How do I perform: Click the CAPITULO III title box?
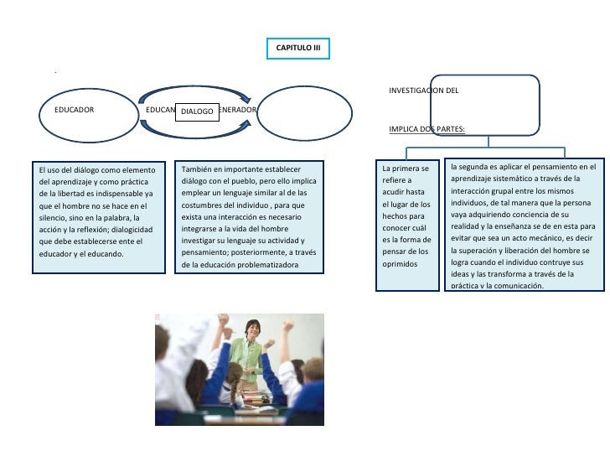(x=299, y=49)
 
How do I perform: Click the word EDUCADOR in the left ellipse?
(x=74, y=110)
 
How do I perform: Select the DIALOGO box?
(x=198, y=111)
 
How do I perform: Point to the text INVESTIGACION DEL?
(x=423, y=90)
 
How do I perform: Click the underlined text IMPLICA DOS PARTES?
(x=427, y=130)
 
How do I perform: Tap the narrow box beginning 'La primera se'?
(x=406, y=225)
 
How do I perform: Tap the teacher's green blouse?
(x=248, y=356)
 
